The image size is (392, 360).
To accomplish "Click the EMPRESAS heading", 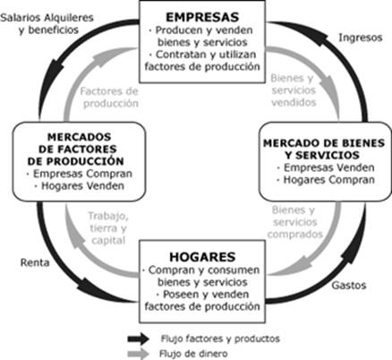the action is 202,17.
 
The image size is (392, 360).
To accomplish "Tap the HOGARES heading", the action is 202,257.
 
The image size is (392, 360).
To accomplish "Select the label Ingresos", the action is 361,38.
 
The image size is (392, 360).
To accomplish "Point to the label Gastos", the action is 349,285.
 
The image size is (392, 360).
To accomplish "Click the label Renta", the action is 35,262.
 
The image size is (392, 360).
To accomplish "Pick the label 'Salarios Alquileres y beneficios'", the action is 47,23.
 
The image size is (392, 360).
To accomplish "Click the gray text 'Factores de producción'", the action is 109,98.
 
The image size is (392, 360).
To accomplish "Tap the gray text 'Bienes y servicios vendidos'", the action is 294,90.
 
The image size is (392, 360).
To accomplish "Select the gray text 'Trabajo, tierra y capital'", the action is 108,228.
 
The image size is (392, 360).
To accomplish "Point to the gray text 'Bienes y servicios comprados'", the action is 295,222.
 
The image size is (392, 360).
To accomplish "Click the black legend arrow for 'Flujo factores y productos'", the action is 138,339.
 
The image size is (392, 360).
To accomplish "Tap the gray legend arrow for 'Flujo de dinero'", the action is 138,354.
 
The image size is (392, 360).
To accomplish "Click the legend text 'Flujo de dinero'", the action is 193,354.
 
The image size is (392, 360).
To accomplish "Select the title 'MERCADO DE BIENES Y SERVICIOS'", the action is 324,150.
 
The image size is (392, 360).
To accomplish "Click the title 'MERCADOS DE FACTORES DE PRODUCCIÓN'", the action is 76,149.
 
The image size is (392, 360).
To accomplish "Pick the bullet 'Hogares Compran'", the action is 326,180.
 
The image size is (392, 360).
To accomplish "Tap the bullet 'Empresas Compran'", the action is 80,174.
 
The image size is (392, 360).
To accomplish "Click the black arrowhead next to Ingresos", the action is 320,36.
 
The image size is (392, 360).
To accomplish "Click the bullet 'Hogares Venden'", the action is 80,186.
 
